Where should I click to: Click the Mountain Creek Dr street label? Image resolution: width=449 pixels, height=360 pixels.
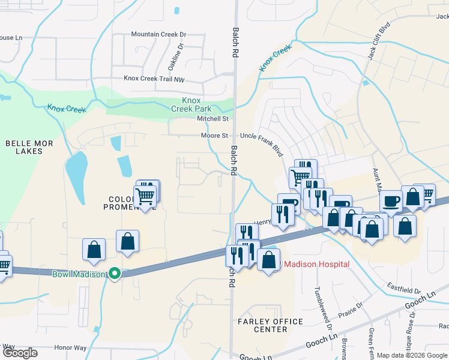pyautogui.click(x=159, y=34)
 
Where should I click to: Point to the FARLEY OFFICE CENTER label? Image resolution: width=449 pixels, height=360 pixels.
pyautogui.click(x=271, y=326)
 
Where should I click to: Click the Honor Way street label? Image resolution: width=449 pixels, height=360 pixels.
pyautogui.click(x=70, y=347)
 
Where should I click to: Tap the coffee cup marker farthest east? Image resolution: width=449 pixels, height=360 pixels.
pyautogui.click(x=391, y=201)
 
